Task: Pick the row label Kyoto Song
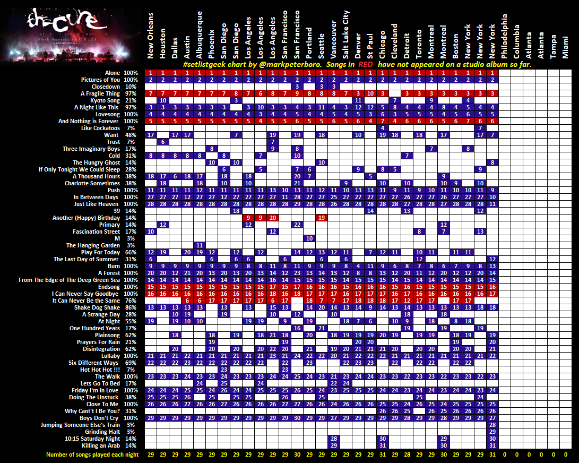point(105,100)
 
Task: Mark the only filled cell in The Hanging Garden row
point(200,245)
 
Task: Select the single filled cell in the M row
point(309,238)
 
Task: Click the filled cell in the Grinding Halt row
point(492,432)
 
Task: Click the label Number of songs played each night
point(92,455)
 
